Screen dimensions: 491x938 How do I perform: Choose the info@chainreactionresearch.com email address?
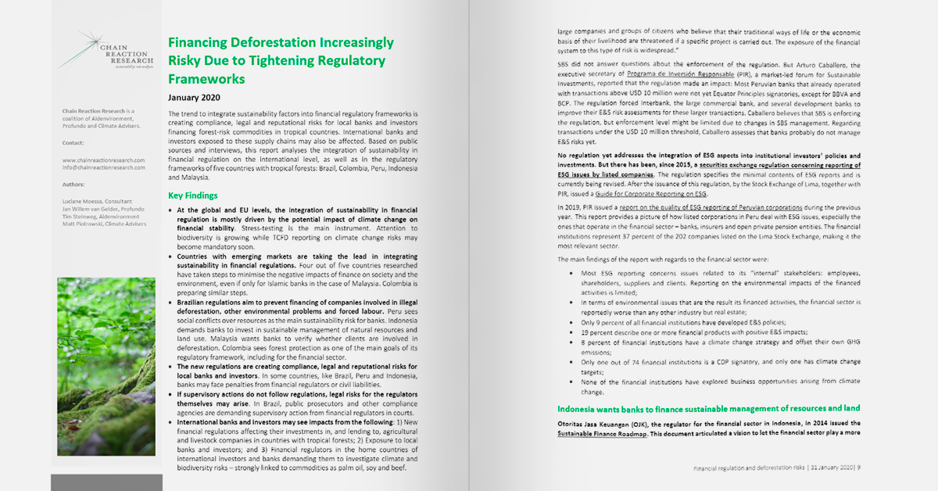104,167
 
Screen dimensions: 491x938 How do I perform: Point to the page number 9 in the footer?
858,468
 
